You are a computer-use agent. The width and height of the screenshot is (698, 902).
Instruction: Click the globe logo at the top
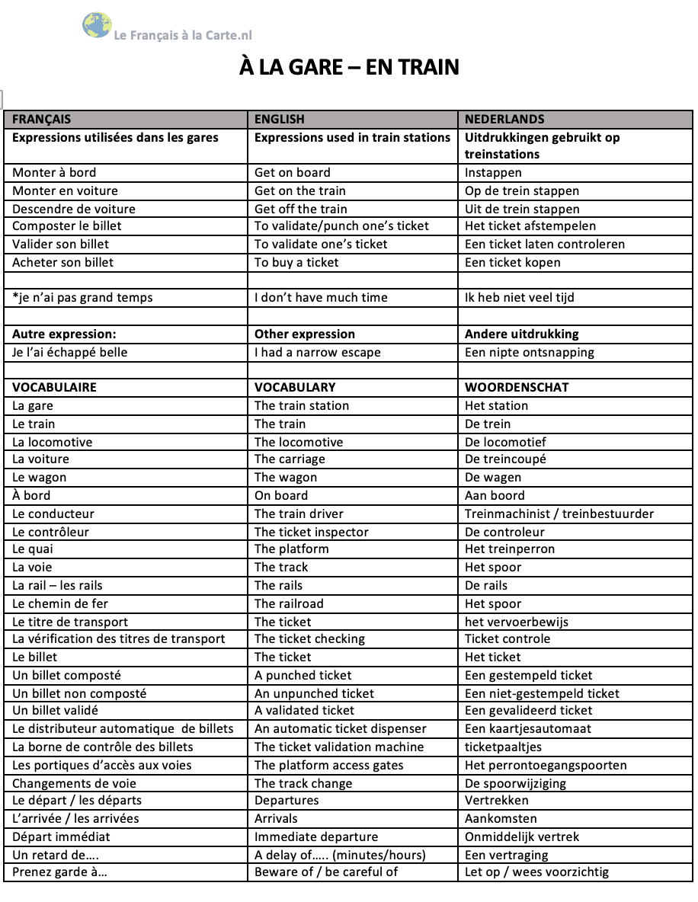coord(97,25)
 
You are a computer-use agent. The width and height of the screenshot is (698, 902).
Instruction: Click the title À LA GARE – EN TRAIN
coord(349,68)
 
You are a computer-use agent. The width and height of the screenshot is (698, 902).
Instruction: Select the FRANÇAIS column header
coord(42,119)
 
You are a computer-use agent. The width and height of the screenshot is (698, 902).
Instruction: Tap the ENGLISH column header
coord(280,119)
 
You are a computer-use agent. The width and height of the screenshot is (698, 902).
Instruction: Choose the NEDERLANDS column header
coord(504,119)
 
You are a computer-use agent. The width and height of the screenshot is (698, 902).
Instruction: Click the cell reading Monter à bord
coord(54,172)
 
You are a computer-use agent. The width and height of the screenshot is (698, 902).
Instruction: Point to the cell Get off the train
coord(300,209)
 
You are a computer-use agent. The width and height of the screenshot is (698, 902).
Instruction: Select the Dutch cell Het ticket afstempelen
coord(530,226)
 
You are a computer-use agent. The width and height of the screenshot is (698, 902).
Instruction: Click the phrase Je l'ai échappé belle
coord(70,352)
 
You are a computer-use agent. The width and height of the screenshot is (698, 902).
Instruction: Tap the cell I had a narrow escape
coord(317,352)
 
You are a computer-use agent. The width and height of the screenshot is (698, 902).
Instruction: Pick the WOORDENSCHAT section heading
coord(517,387)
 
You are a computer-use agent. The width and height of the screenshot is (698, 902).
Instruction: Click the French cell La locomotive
coord(53,442)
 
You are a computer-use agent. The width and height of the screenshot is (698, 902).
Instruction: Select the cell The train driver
coord(299,513)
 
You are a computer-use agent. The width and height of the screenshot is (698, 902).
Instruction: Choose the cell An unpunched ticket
coord(314,693)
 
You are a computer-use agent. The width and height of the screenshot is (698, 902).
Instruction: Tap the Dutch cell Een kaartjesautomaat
coord(528,728)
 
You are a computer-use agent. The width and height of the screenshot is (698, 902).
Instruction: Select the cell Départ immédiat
coord(61,836)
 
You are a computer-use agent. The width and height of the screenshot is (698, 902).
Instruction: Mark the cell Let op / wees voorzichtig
coord(537,872)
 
